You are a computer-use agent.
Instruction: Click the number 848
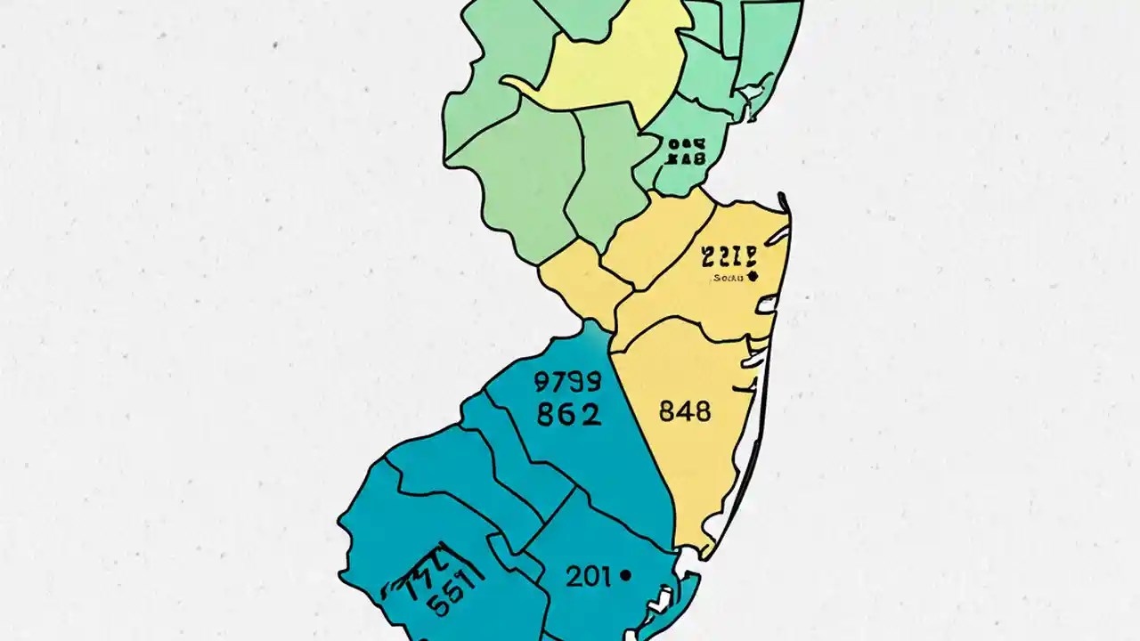685,411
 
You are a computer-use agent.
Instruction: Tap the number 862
568,414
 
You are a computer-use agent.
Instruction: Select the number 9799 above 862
567,383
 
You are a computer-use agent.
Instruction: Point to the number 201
588,577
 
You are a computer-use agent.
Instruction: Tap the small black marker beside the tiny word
753,277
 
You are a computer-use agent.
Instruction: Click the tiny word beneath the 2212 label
730,278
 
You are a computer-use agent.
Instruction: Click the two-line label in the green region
686,151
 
